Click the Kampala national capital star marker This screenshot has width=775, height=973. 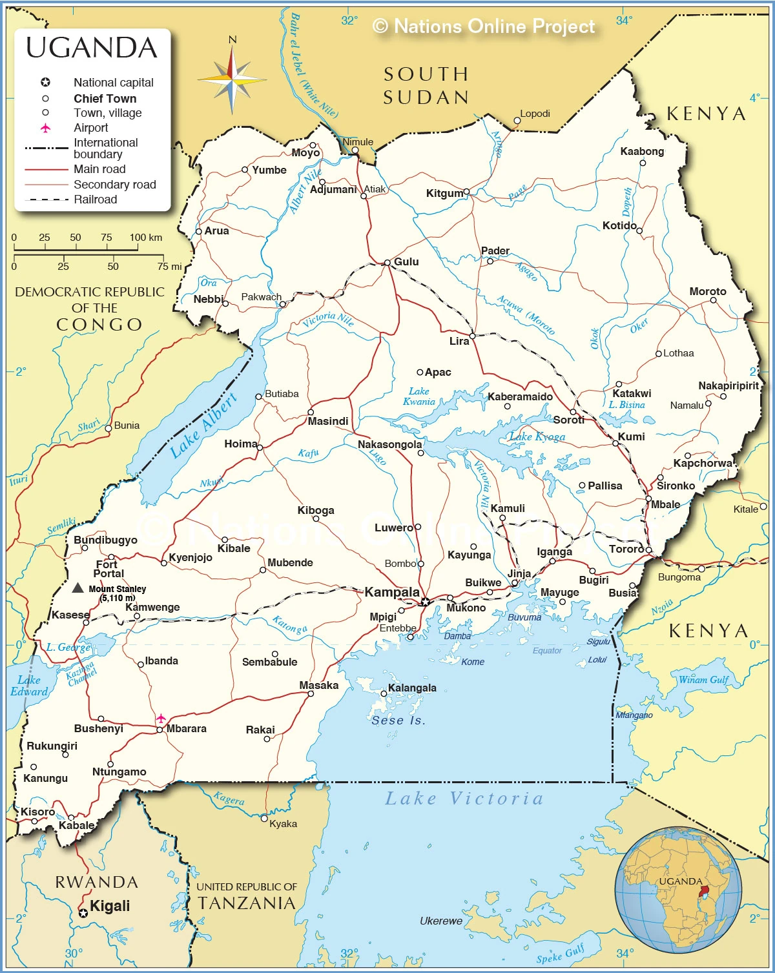click(x=424, y=602)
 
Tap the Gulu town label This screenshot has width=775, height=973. click(x=406, y=261)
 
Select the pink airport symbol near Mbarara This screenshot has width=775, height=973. click(x=161, y=718)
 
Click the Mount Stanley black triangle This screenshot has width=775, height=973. click(x=77, y=588)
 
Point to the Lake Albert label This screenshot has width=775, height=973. click(x=203, y=426)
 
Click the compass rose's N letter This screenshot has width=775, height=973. click(x=232, y=40)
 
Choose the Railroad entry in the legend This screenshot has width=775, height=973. click(x=95, y=200)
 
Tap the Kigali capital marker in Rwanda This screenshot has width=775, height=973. click(x=83, y=913)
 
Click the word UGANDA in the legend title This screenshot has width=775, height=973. click(x=92, y=48)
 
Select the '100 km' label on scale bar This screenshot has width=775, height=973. click(x=145, y=237)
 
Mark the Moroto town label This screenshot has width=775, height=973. click(x=708, y=291)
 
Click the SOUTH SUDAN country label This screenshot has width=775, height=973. click(x=426, y=85)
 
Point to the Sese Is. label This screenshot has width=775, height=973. click(x=398, y=720)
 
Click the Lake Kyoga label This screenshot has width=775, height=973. click(x=537, y=437)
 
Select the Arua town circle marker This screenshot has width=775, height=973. click(x=199, y=231)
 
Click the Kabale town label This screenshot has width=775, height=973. click(x=76, y=825)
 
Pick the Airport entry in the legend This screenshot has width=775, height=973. click(x=90, y=128)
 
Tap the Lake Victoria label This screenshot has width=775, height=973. click(x=464, y=799)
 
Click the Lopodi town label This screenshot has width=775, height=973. click(x=535, y=114)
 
